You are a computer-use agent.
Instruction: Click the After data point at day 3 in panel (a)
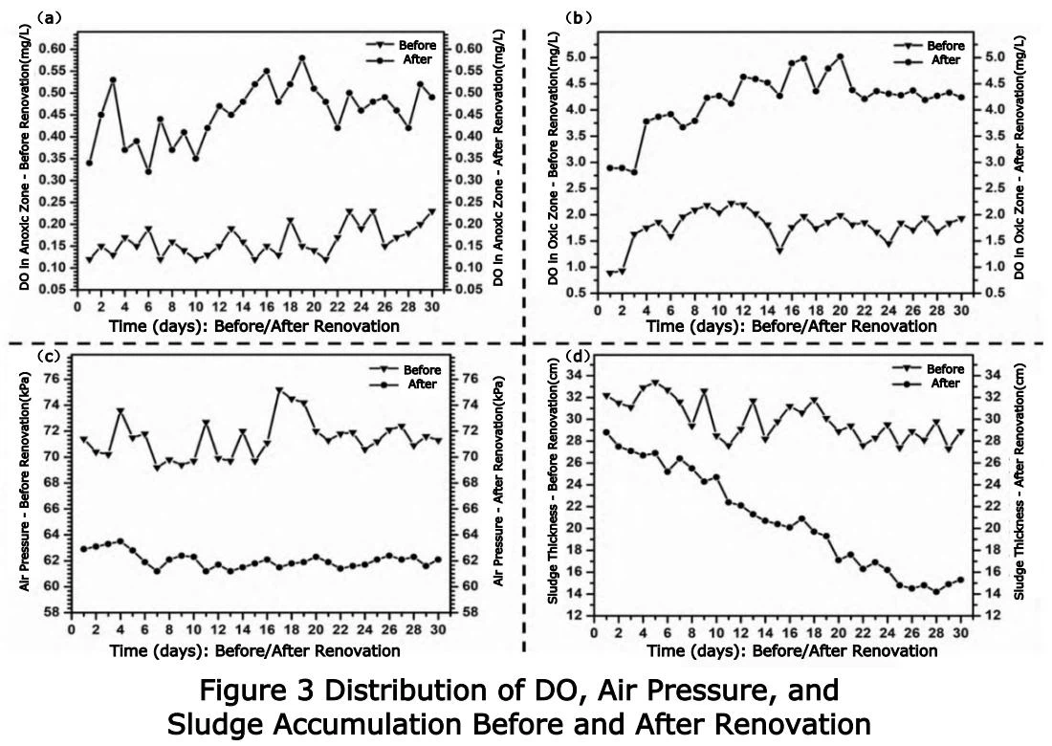[x=113, y=80]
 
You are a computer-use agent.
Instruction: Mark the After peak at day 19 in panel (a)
[x=301, y=58]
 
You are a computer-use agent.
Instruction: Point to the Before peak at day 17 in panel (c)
[x=279, y=390]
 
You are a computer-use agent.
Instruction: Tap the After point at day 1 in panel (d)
[x=606, y=432]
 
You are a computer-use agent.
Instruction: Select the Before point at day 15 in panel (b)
[x=779, y=251]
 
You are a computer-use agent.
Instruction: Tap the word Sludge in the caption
[x=209, y=722]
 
